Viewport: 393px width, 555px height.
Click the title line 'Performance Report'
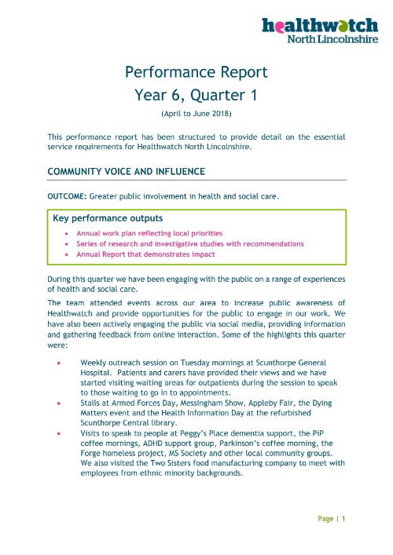[196, 73]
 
